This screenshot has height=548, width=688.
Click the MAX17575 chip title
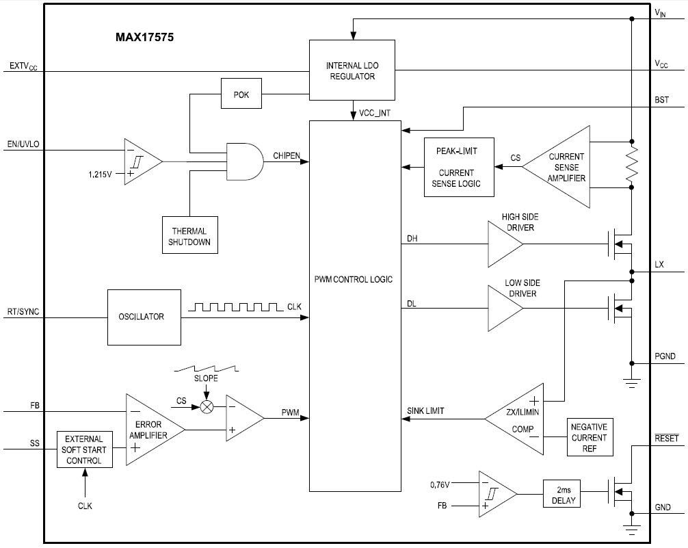tap(144, 38)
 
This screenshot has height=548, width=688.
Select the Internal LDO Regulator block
tap(352, 71)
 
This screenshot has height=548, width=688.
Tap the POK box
tap(241, 94)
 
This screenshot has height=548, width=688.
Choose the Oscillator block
tap(144, 317)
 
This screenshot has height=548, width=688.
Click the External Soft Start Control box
tap(85, 449)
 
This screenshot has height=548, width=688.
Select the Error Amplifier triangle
tap(150, 430)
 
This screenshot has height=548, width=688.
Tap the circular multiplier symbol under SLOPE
tap(206, 406)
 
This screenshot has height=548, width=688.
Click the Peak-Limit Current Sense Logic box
tap(458, 166)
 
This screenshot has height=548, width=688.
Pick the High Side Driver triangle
tap(505, 244)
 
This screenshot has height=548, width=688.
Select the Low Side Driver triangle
tap(505, 309)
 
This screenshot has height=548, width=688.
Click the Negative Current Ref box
tap(589, 436)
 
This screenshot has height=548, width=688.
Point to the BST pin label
tap(661, 100)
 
